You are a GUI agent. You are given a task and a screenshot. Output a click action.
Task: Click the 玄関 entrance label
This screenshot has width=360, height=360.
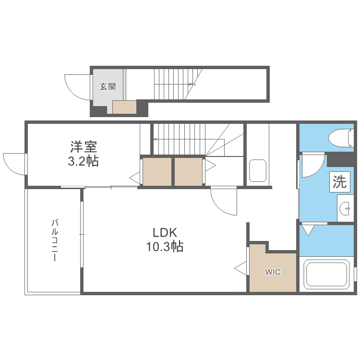coord(108,87)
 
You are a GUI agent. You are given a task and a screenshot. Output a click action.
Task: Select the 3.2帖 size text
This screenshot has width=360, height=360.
coord(83,161)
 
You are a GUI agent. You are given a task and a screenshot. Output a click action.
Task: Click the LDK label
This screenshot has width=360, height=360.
coord(165,233)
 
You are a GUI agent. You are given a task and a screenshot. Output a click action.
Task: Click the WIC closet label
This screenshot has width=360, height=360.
coord(273,272)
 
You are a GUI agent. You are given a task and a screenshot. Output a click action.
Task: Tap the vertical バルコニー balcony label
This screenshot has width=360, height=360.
coord(55,240)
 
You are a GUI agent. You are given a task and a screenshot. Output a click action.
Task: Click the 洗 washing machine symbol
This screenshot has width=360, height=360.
coord(339,182)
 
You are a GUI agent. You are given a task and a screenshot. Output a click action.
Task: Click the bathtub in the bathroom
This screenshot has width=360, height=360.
coord(326,274)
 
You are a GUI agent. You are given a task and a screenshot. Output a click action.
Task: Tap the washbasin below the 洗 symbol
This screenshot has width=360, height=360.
coord(345,208)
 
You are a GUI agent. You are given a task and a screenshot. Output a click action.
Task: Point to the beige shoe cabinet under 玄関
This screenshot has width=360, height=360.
coord(124,107)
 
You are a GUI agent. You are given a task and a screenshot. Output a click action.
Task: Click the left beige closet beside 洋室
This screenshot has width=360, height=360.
coord(157,171)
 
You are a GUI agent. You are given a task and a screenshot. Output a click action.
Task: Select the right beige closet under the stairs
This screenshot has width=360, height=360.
coord(188,171)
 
